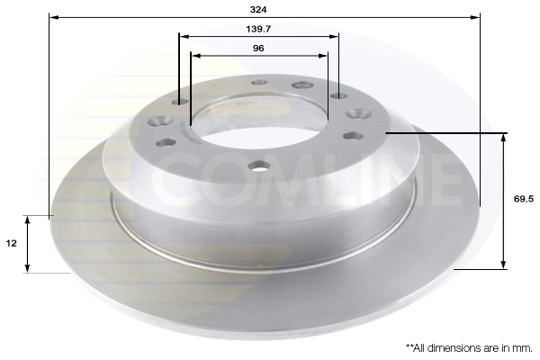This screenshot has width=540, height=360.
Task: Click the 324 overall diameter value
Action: (258, 10)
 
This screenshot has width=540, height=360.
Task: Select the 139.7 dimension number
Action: (258, 29)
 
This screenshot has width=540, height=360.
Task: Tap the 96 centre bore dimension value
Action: (258, 49)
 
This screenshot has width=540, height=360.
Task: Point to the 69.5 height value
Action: (524, 199)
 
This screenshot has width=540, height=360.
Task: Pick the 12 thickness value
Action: (12, 244)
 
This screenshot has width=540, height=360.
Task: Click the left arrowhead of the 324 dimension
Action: (53, 16)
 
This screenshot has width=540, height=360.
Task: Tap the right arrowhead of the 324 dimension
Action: (475, 16)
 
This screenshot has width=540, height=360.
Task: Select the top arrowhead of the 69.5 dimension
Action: (503, 138)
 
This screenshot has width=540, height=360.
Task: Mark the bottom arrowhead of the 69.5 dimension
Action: (503, 265)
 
